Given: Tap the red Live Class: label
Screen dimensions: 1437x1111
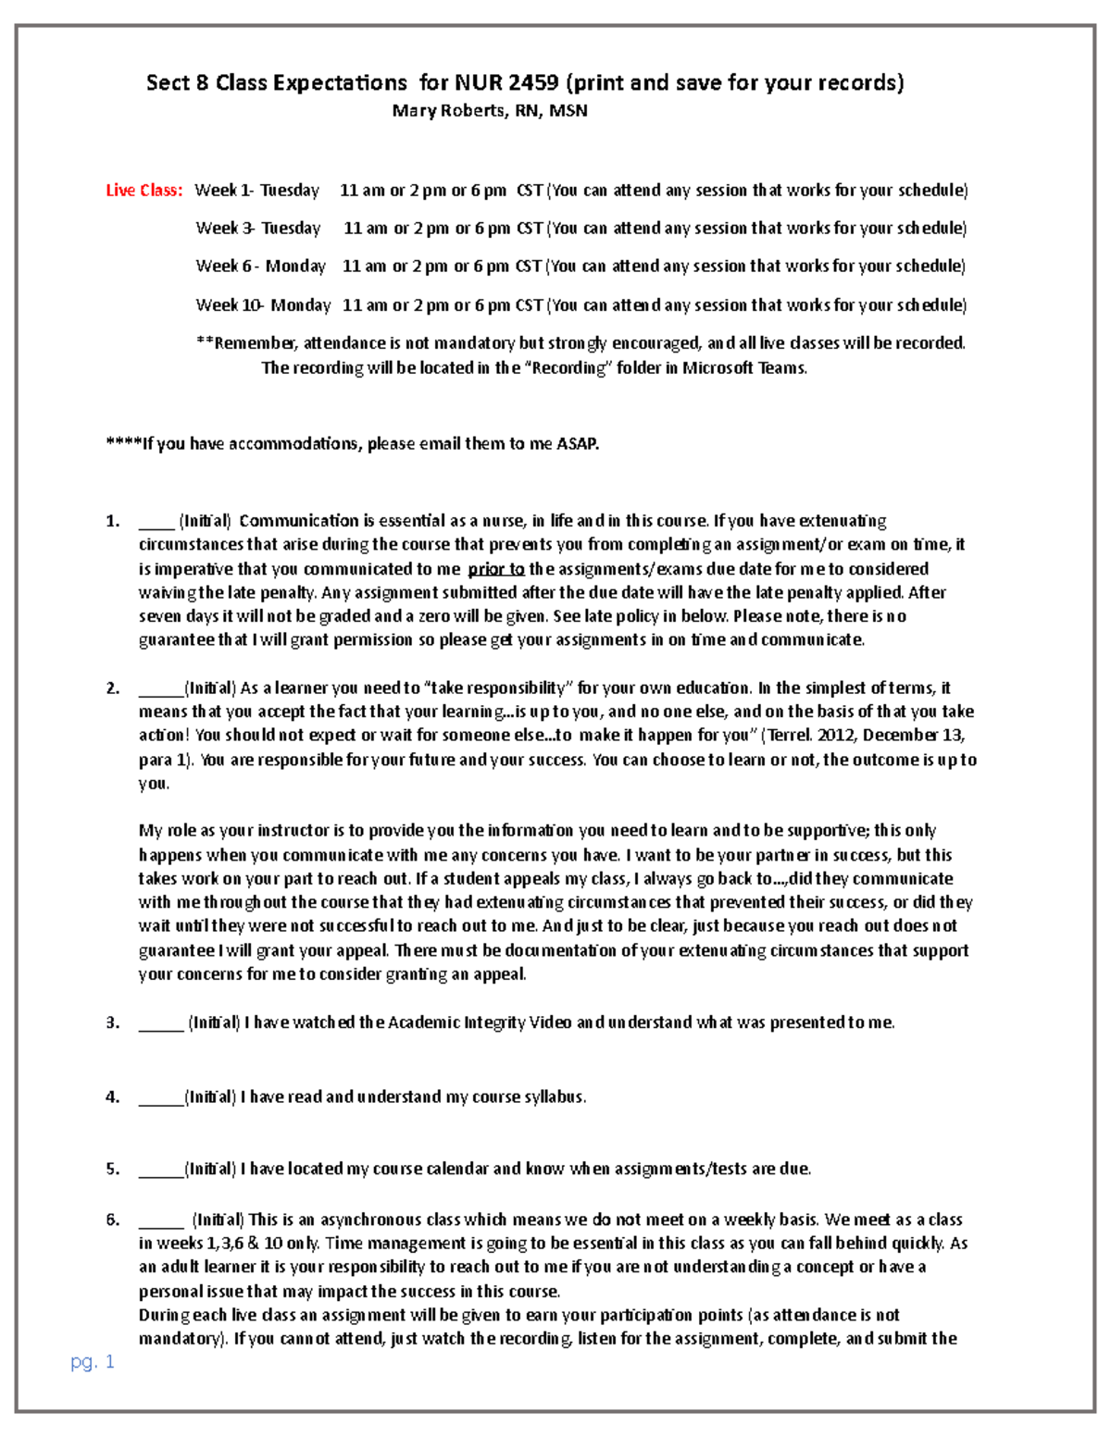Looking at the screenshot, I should [x=144, y=191].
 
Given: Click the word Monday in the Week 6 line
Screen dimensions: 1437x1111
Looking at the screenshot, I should [x=295, y=266].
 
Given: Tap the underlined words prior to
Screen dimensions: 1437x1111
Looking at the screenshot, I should [x=496, y=569].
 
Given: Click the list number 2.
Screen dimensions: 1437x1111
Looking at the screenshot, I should [x=112, y=688].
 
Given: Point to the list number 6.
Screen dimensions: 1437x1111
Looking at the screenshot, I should [x=112, y=1220].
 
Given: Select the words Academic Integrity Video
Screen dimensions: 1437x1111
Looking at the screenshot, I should [x=480, y=1023].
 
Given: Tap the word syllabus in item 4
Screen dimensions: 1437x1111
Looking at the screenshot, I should [x=555, y=1097].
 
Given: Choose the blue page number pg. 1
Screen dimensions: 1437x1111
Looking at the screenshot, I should [x=93, y=1361].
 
